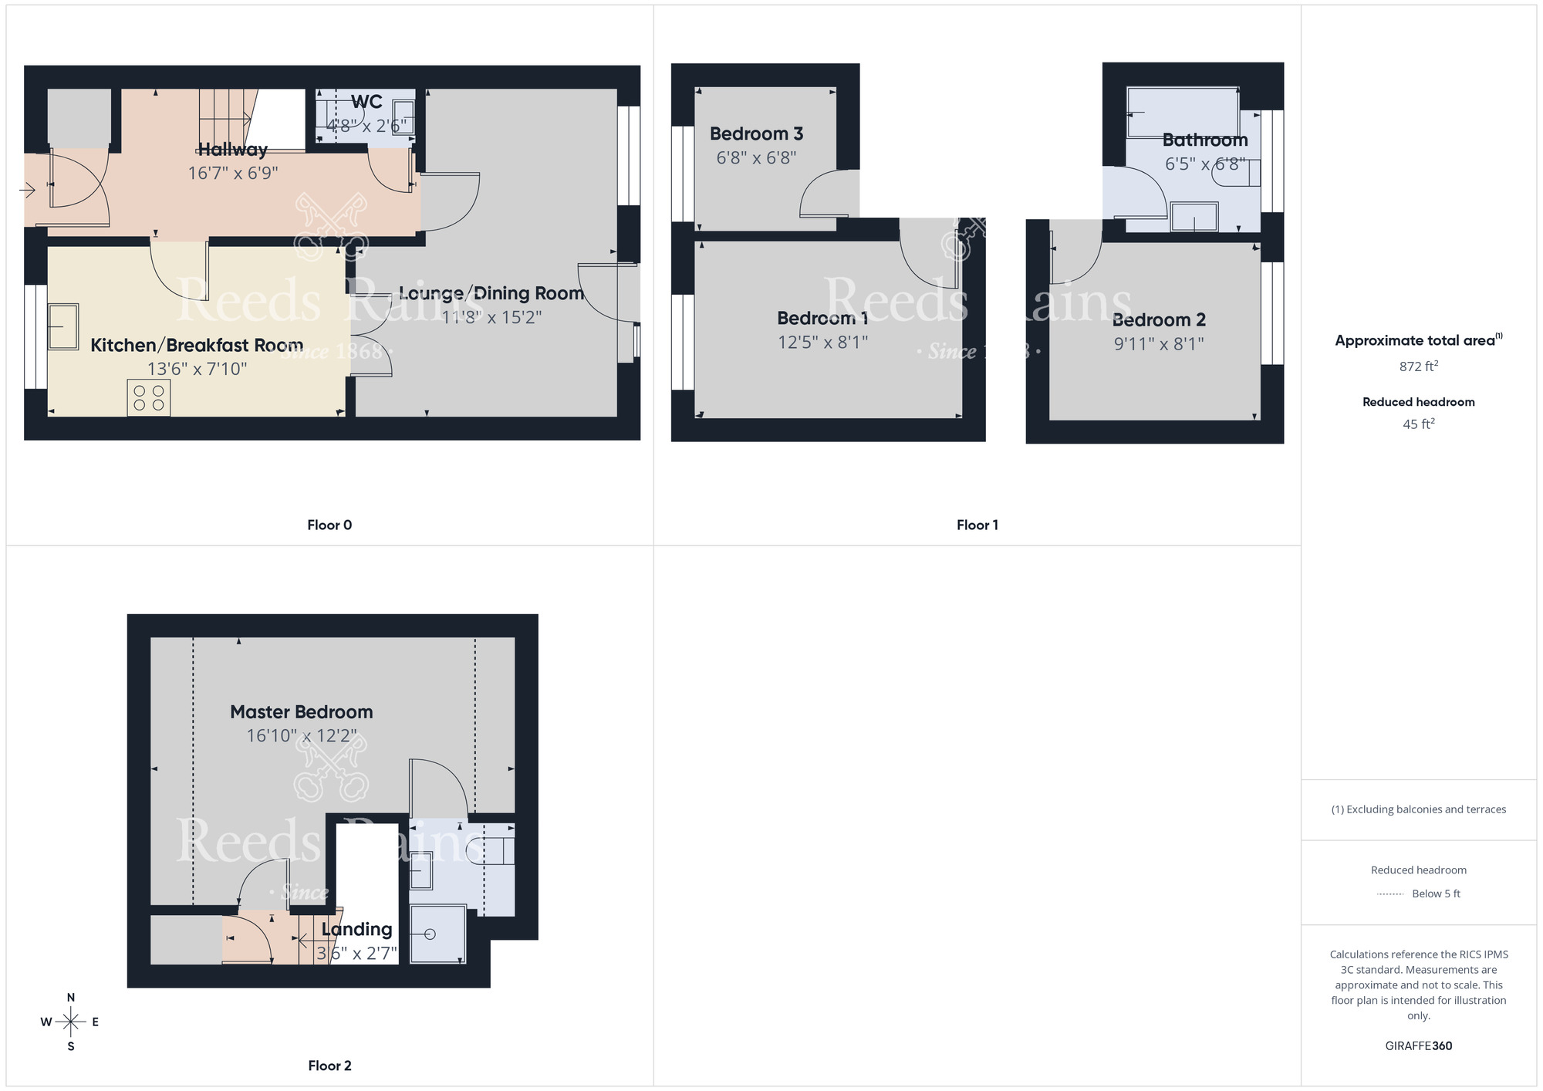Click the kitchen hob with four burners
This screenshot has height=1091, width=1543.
pos(149,397)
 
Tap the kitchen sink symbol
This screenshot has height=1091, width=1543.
pos(62,327)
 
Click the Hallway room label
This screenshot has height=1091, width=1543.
pos(233,150)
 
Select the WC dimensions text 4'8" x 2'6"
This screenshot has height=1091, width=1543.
pos(366,126)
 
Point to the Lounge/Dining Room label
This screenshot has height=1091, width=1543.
pos(491,293)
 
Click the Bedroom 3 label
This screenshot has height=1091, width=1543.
pos(756,134)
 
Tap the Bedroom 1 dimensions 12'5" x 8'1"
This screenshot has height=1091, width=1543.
pos(822,343)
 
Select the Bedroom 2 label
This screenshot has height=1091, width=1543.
pos(1159,320)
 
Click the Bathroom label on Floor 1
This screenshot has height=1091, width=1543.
pos(1205,140)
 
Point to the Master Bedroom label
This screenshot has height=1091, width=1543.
pos(302,712)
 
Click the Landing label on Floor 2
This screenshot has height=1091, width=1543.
pos(356,930)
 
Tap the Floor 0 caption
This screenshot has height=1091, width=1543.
pos(329,525)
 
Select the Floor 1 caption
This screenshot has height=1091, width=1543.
pos(977,525)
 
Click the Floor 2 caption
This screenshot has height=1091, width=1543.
pos(329,1066)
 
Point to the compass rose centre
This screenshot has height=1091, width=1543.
pos(71,1022)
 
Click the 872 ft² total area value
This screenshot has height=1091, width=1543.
pos(1418,366)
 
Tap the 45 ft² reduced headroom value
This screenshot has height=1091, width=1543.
pos(1418,424)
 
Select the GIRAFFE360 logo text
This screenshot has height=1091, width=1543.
pos(1418,1046)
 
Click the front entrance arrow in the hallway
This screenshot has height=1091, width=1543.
pos(28,190)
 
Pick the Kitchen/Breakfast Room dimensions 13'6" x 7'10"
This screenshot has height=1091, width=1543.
pos(198,370)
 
